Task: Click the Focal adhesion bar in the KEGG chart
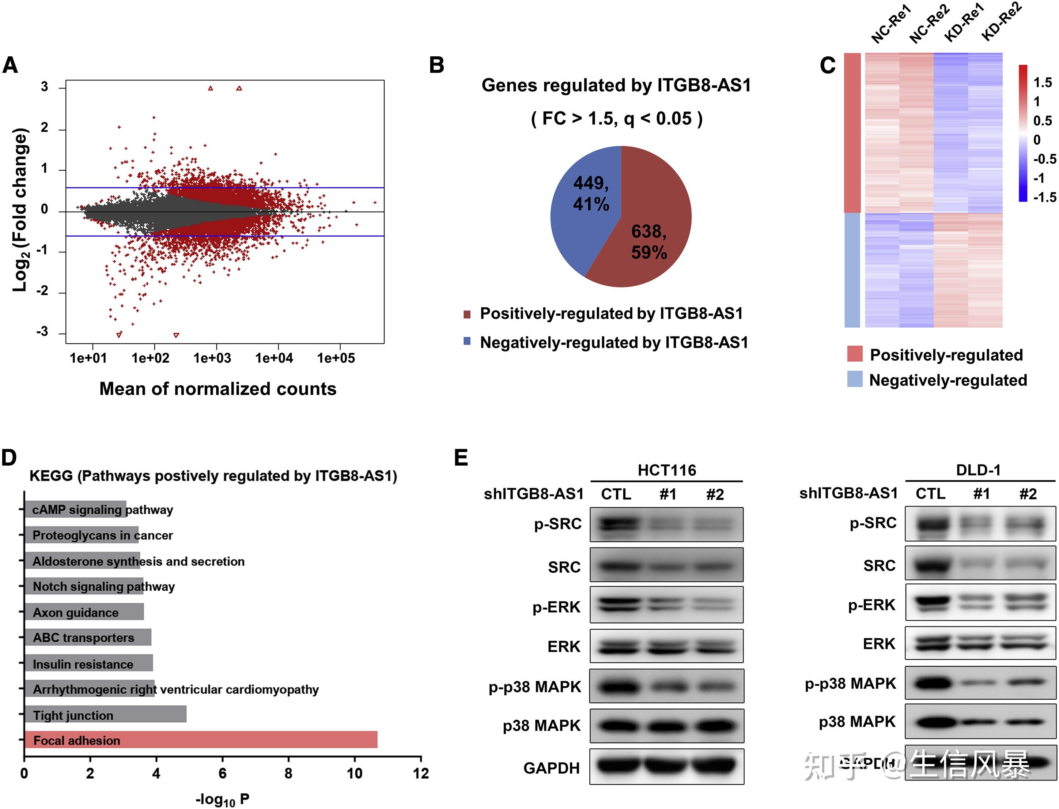point(201,740)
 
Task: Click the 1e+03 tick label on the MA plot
point(212,358)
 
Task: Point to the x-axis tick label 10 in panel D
point(354,774)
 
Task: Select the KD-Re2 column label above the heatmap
point(1001,22)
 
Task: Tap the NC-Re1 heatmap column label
point(891,24)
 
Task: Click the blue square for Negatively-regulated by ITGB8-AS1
point(466,342)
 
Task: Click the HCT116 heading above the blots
point(667,470)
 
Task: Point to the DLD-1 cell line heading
point(978,470)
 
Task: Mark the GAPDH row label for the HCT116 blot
point(552,768)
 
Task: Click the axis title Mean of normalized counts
point(218,389)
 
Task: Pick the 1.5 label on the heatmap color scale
point(1043,83)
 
